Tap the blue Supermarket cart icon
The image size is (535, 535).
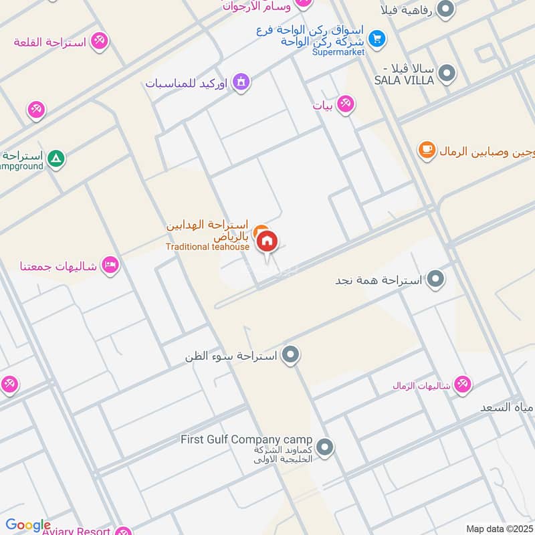377,39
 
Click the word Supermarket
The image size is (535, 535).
338,52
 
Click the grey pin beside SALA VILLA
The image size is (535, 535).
447,74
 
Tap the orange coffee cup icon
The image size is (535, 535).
426,150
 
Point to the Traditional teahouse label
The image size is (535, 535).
207,247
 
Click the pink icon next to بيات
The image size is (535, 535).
345,105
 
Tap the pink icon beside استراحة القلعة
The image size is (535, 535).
100,41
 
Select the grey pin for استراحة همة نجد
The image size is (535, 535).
436,280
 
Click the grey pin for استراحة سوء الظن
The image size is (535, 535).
290,356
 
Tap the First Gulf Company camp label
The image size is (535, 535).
246,439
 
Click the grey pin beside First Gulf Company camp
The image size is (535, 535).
325,447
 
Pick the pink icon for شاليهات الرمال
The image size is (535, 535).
461,385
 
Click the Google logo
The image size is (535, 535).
28,525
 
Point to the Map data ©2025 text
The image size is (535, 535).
499,528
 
